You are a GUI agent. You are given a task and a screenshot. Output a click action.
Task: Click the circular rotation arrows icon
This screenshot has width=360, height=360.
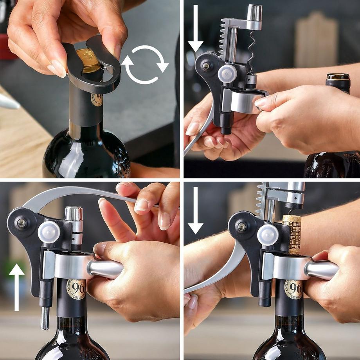(145, 65)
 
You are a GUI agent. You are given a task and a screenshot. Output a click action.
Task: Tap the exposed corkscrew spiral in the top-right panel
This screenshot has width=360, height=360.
(251, 51)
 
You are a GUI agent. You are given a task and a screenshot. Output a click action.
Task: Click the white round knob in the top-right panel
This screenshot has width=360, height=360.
(227, 74)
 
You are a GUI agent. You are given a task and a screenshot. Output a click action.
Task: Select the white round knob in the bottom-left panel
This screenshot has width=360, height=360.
(49, 232)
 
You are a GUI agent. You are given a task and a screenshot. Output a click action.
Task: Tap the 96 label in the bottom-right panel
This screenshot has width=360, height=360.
(293, 289)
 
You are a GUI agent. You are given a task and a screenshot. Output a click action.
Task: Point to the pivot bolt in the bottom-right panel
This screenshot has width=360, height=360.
(242, 226)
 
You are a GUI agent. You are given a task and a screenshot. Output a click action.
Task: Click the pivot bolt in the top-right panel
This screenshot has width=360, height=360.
(206, 66)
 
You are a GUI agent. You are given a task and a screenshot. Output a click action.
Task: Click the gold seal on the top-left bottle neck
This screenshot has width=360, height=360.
(96, 99)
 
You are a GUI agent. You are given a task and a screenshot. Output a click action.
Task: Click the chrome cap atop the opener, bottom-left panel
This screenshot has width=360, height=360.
(74, 213)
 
